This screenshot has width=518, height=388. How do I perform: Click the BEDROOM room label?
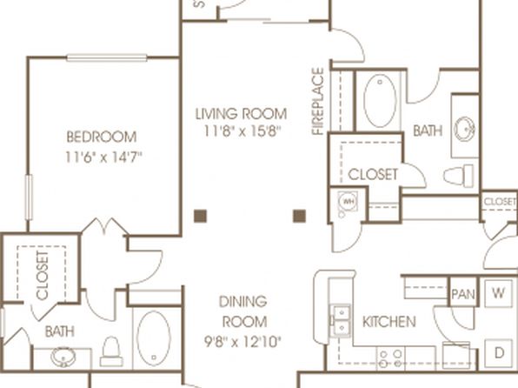(102, 137)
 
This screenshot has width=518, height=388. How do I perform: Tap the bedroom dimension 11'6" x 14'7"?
(103, 157)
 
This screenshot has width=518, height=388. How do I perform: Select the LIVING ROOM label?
(241, 114)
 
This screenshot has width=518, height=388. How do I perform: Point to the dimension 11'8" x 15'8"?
(242, 131)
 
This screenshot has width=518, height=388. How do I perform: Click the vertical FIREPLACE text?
(318, 102)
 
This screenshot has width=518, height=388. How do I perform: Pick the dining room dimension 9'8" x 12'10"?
(242, 342)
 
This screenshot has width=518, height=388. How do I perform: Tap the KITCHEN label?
(389, 322)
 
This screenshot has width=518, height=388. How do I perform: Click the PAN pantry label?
(463, 294)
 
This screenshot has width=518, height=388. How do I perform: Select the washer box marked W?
(499, 292)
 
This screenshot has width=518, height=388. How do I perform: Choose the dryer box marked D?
(499, 352)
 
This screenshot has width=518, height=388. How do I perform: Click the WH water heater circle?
(348, 201)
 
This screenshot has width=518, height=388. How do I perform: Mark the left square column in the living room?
(200, 216)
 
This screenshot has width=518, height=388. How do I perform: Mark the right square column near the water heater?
(299, 216)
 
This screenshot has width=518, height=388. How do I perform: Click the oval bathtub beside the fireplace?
(380, 101)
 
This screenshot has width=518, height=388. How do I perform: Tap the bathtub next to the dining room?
(154, 338)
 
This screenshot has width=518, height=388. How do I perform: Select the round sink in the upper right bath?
(464, 129)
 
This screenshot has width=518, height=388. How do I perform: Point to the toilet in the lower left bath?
(110, 351)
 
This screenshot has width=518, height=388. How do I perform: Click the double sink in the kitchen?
(342, 320)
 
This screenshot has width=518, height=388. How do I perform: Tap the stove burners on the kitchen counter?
(391, 359)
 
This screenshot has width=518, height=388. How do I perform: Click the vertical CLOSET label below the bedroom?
(43, 276)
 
